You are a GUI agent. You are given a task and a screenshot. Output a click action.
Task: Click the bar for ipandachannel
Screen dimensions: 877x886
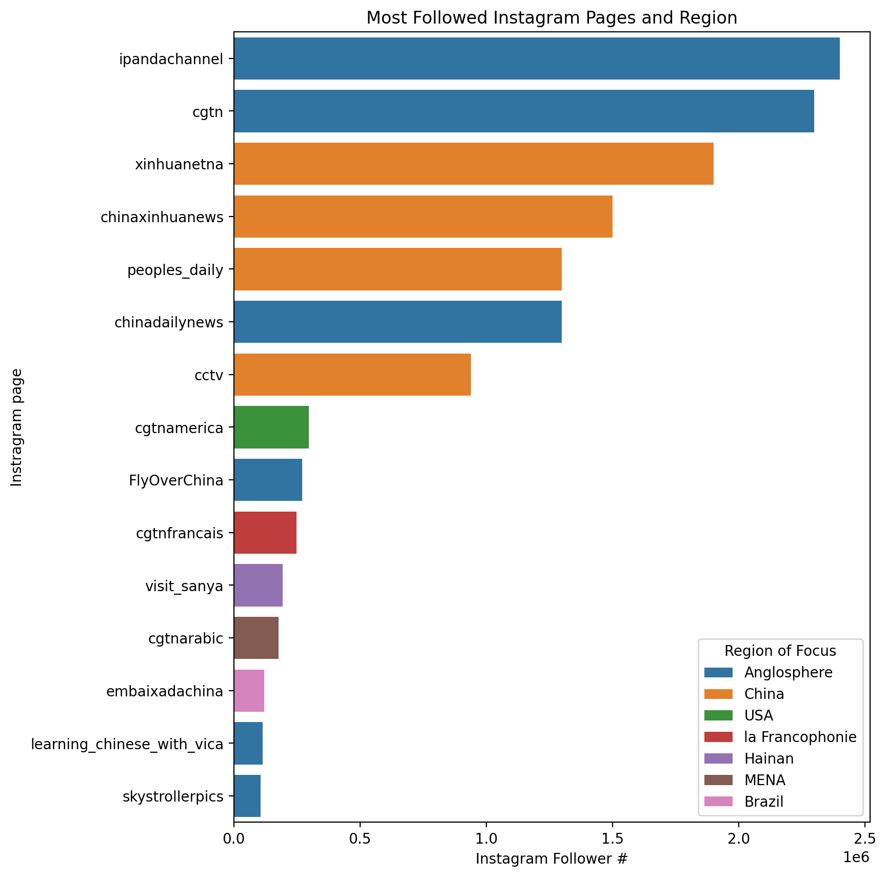coord(536,59)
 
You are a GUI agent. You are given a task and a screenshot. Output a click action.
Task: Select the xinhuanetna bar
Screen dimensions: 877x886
coord(474,164)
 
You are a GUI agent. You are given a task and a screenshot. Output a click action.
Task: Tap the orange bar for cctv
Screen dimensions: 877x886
coord(352,375)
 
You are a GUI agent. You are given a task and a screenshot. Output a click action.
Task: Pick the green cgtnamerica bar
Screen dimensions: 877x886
coord(271,427)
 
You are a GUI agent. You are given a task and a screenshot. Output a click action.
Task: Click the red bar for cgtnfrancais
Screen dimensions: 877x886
coord(265,533)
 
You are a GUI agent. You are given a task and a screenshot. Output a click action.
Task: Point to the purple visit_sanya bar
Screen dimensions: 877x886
coord(258,585)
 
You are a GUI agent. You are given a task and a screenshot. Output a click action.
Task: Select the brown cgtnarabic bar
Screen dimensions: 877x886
coord(256,638)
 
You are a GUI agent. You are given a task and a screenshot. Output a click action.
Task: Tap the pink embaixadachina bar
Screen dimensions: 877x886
coord(249,691)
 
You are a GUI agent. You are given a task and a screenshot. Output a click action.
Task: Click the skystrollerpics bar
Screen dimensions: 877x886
coord(247,796)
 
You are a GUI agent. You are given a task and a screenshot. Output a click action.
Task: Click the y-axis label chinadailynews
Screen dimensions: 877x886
coord(169,322)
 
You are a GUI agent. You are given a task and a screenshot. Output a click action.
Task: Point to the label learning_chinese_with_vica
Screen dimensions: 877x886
coord(127,744)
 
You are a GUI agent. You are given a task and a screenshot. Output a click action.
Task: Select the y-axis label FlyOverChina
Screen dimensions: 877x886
coord(176,480)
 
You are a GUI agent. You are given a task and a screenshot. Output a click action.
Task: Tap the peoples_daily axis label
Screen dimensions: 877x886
coord(175,269)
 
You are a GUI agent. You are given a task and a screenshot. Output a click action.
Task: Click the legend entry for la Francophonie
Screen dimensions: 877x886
coord(800,737)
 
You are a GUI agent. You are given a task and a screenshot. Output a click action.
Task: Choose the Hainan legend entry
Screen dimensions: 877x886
coord(769,759)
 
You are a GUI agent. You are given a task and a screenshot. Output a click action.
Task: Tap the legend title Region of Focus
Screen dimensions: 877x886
coord(780,651)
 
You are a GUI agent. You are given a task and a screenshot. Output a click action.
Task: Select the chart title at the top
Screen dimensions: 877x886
coord(552,18)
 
